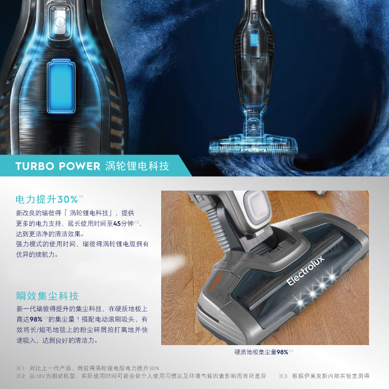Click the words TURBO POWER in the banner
click(58, 166)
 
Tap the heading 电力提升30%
click(47, 200)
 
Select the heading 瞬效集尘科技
click(47, 296)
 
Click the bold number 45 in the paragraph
click(117, 223)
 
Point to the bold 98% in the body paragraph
click(36, 320)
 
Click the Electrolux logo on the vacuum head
click(306, 271)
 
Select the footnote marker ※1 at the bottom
click(21, 368)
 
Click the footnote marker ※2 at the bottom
click(21, 376)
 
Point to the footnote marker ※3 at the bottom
click(283, 376)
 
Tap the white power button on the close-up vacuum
click(60, 22)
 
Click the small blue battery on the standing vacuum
click(253, 37)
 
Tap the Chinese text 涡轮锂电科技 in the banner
click(137, 166)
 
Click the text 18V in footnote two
click(39, 376)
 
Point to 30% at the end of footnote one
click(154, 368)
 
